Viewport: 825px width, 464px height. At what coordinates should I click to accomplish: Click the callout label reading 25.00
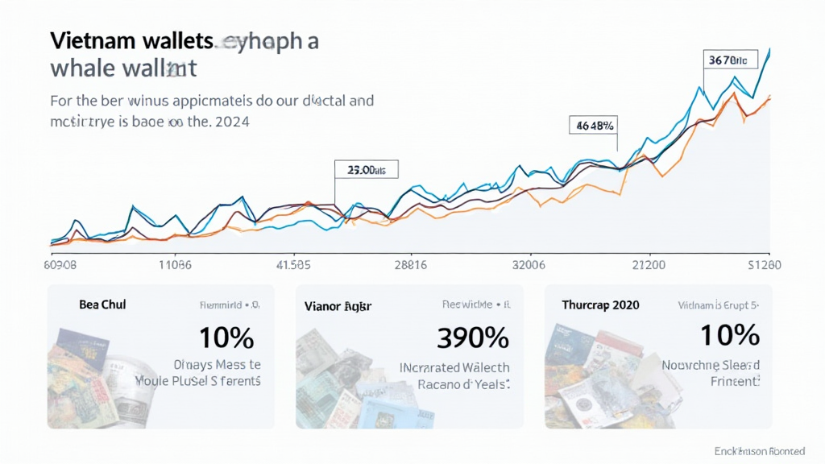coord(366,170)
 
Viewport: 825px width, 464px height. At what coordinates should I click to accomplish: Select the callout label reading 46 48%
coord(595,125)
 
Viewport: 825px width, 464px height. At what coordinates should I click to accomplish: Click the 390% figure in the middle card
coord(472,337)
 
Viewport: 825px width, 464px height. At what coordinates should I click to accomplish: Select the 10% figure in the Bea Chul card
coord(226,337)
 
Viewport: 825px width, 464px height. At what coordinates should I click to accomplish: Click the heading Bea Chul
coord(102,304)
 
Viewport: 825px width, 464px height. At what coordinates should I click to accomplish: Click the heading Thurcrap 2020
coord(600,304)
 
